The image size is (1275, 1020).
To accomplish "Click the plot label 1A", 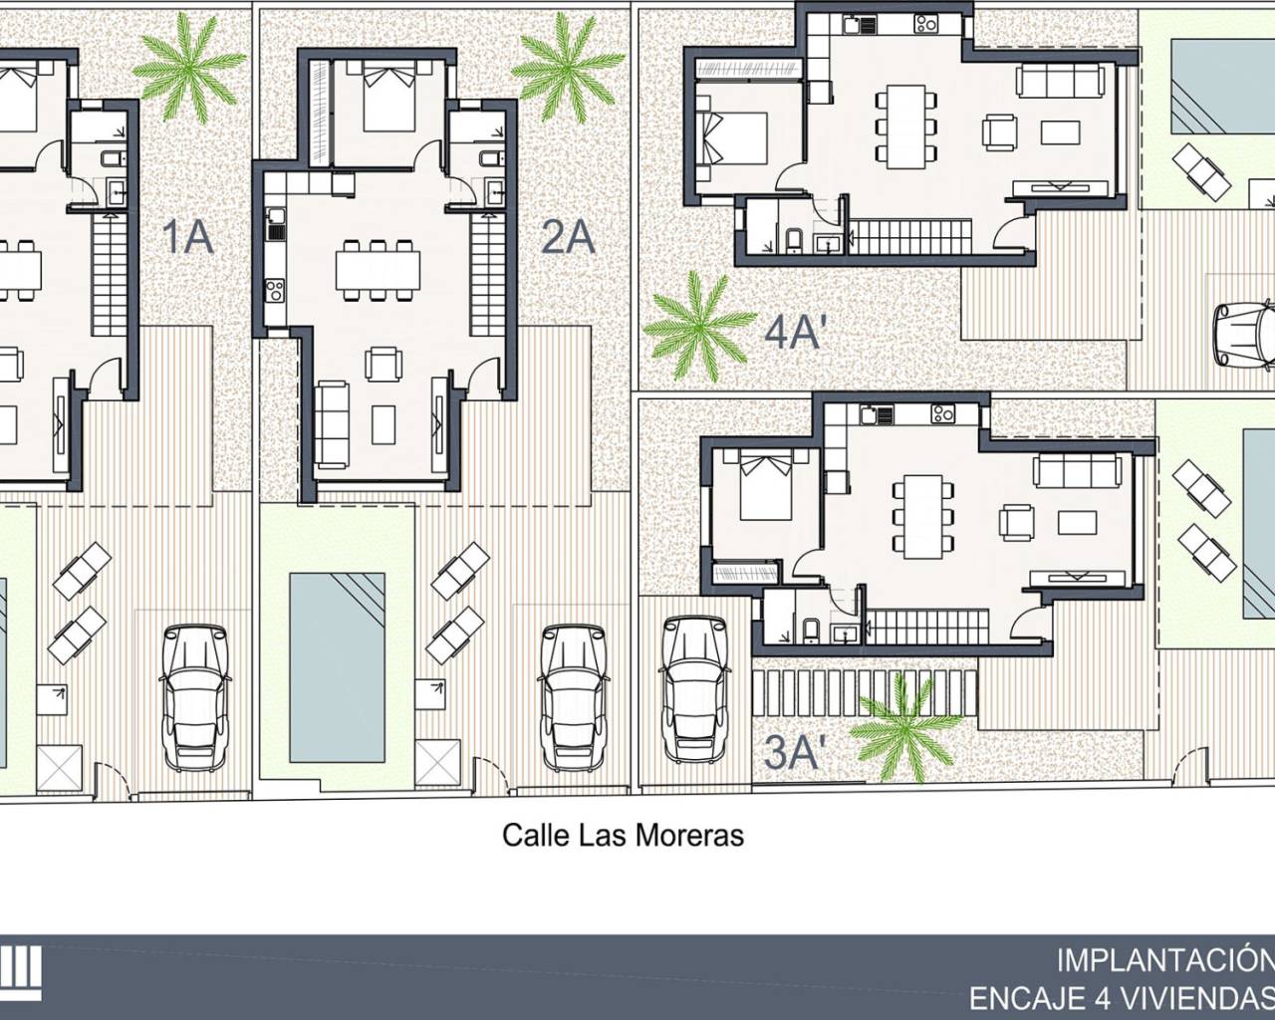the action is click(x=188, y=238).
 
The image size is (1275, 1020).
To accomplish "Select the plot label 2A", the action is click(x=568, y=238).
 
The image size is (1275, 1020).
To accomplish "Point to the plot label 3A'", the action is click(x=792, y=753).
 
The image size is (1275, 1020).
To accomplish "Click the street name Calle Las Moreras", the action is click(x=623, y=836).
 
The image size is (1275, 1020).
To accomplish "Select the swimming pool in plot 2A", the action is click(x=337, y=667).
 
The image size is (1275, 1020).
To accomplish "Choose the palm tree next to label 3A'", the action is click(x=905, y=728).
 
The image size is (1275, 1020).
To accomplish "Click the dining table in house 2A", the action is click(x=378, y=270).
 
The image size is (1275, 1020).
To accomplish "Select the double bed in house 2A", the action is click(x=388, y=96).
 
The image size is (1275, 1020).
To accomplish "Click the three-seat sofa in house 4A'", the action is click(x=1061, y=80).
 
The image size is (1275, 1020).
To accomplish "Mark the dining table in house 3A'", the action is click(x=922, y=517).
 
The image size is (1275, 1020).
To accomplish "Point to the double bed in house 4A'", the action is click(x=732, y=138).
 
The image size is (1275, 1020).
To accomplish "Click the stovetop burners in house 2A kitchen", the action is click(x=275, y=292).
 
